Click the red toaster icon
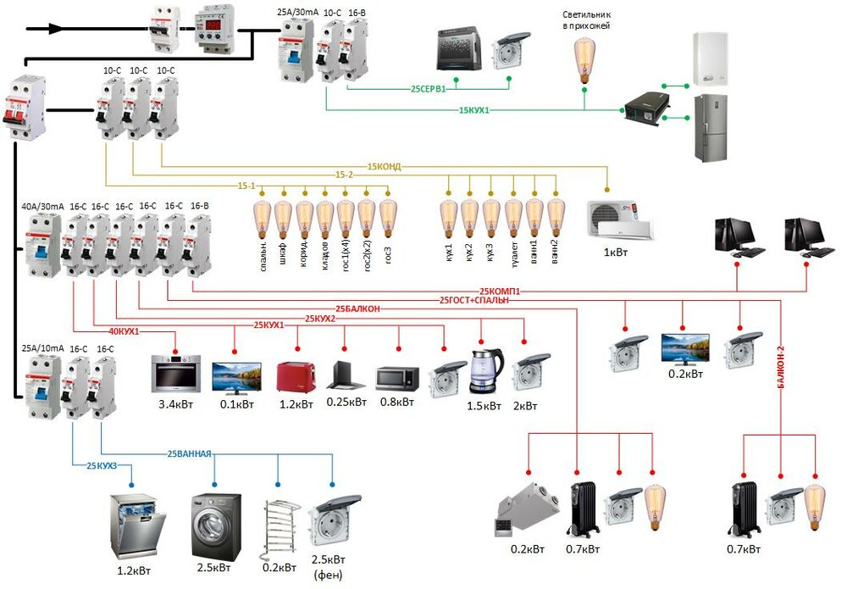tap(296, 376)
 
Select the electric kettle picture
tap(486, 370)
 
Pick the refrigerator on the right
tap(710, 127)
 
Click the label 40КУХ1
tap(125, 331)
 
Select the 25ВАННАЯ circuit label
tap(189, 453)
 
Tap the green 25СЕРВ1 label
tap(429, 88)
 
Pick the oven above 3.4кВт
tap(175, 374)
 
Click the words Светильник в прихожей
tap(586, 20)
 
